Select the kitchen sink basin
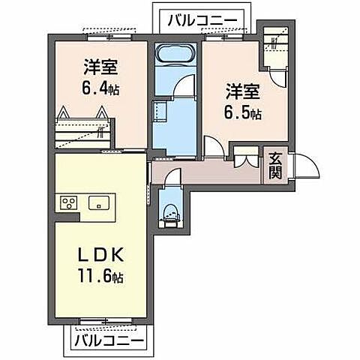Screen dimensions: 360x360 point(99,202)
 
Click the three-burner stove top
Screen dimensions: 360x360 point(69,202)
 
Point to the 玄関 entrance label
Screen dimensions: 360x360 point(275,166)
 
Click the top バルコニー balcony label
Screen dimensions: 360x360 point(202,20)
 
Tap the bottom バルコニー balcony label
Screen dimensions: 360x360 point(109,340)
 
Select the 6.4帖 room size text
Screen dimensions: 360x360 point(100,88)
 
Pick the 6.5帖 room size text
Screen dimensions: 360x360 point(242,113)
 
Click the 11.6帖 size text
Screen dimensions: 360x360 point(100,276)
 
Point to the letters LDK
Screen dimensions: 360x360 point(100,255)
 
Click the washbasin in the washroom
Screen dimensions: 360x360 point(160,112)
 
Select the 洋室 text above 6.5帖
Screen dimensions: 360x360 point(242,91)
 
